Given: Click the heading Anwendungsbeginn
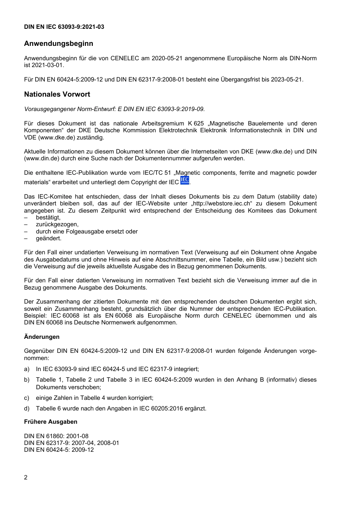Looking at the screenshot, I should pyautogui.click(x=58, y=44).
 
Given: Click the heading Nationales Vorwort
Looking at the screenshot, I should pyautogui.click(x=57, y=94).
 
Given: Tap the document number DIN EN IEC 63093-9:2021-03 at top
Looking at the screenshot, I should pyautogui.click(x=64, y=27).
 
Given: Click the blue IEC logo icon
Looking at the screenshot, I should pyautogui.click(x=185, y=180).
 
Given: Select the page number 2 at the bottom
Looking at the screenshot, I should pyautogui.click(x=26, y=477).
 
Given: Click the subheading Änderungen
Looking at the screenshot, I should pyautogui.click(x=42, y=337).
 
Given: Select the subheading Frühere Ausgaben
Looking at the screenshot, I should pyautogui.click(x=50, y=422).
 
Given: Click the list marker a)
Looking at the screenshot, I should pyautogui.click(x=27, y=369).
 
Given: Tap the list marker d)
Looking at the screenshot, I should pyautogui.click(x=27, y=409).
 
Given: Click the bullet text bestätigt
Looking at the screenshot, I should pyautogui.click(x=48, y=218).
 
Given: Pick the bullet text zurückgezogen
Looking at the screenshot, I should pyautogui.click(x=57, y=224).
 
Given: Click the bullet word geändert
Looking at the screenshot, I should pyautogui.click(x=49, y=238).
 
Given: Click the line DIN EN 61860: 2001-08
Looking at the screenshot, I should pyautogui.click(x=56, y=436).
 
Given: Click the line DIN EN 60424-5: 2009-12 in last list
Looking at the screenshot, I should pyautogui.click(x=59, y=450).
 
